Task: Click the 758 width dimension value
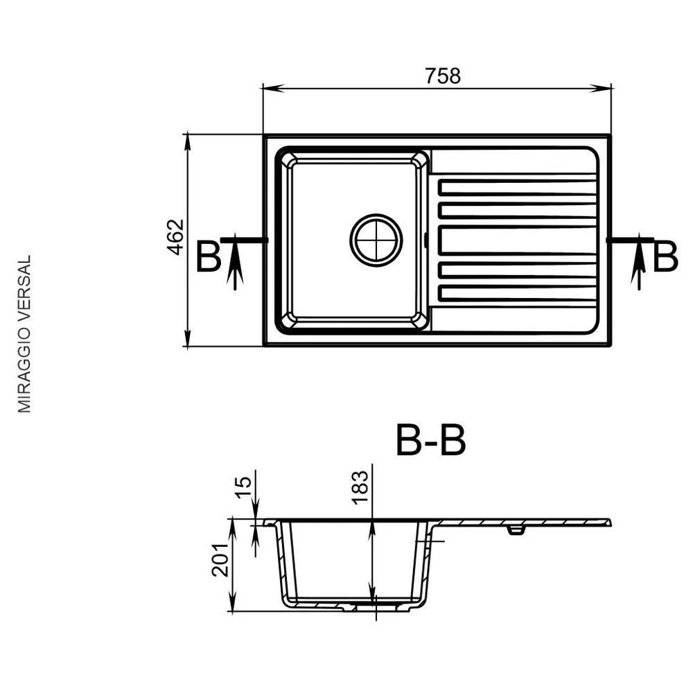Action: pyautogui.click(x=443, y=76)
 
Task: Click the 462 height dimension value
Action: pyautogui.click(x=176, y=237)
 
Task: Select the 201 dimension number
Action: pyautogui.click(x=220, y=559)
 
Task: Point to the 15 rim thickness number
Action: pyautogui.click(x=243, y=487)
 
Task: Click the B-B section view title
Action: pyautogui.click(x=430, y=440)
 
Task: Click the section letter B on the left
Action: pyautogui.click(x=208, y=257)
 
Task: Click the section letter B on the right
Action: pyautogui.click(x=665, y=257)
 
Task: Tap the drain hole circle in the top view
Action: pyautogui.click(x=376, y=240)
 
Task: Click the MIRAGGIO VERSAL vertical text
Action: pyautogui.click(x=24, y=334)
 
